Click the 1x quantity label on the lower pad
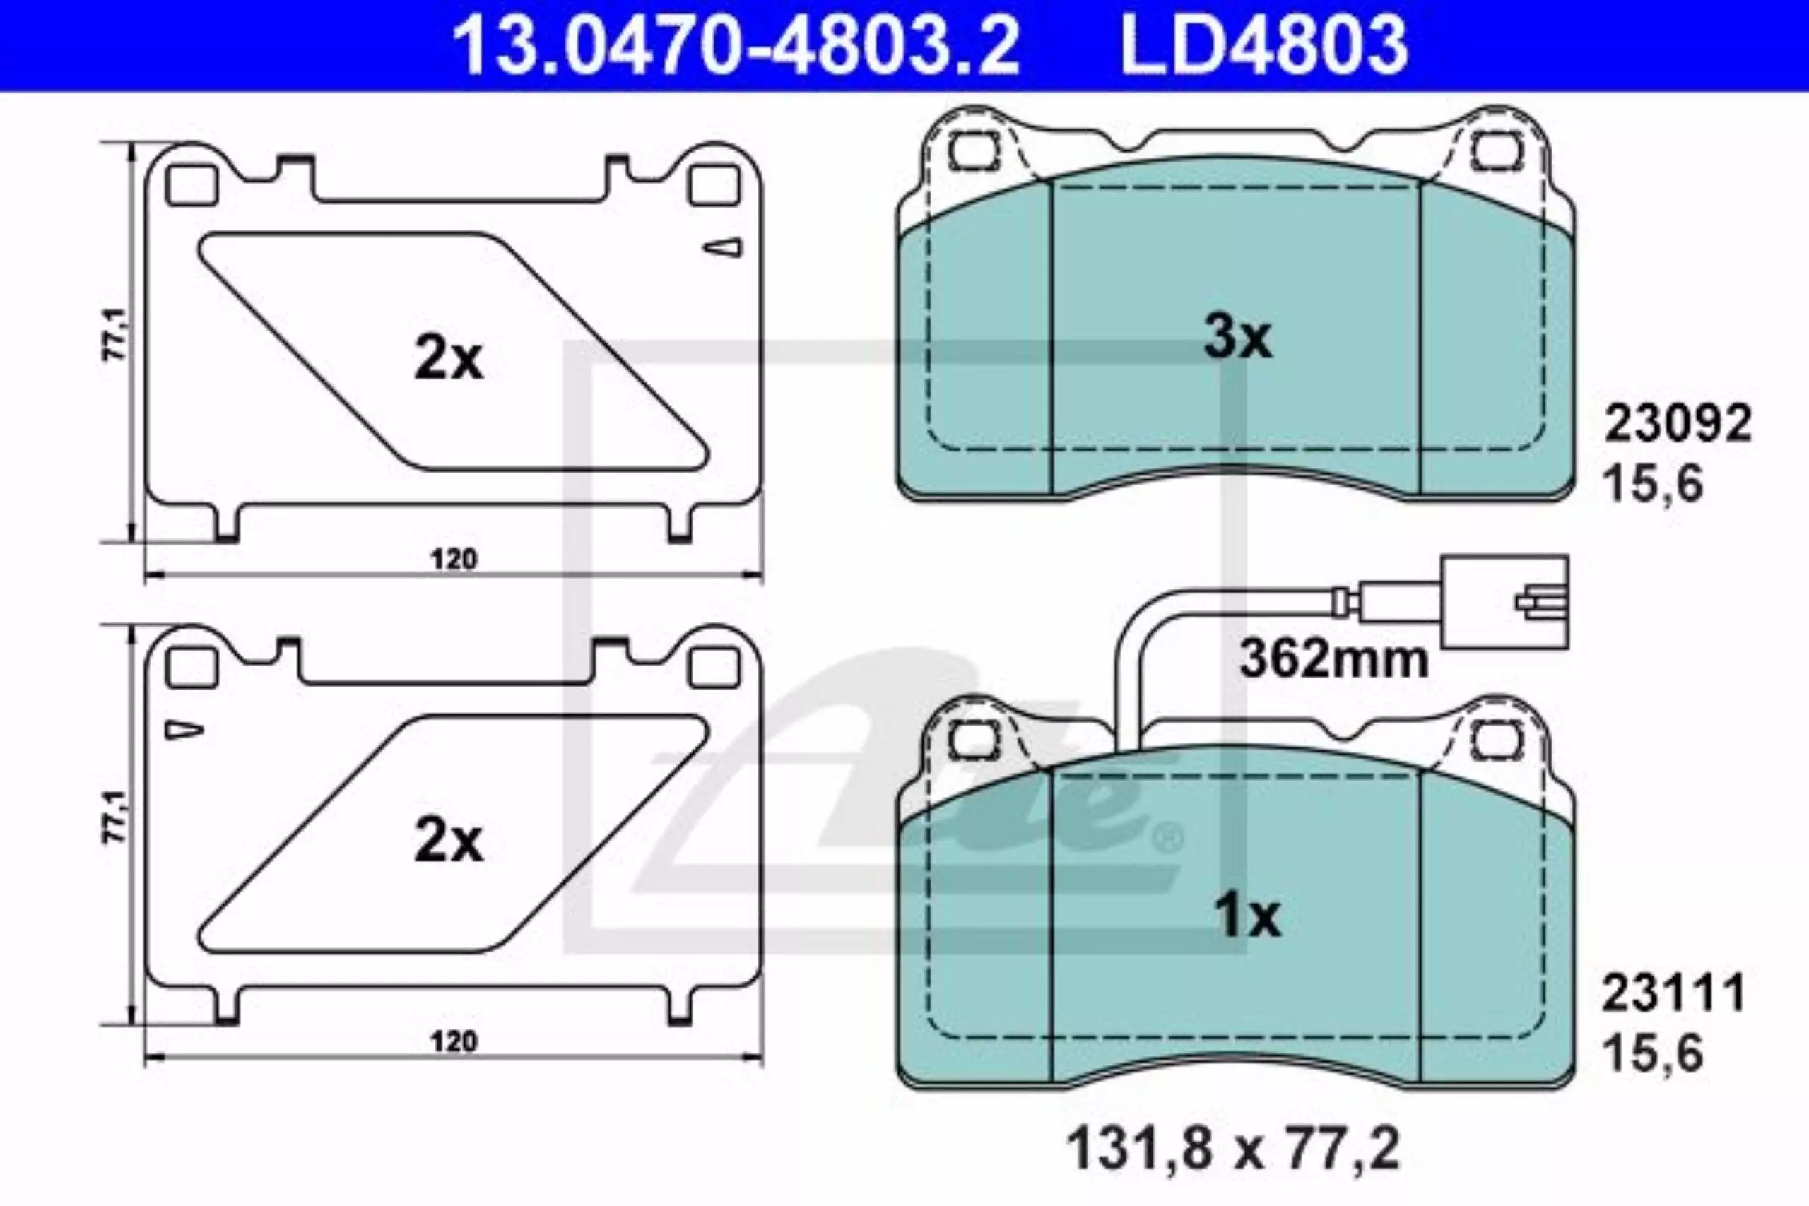pos(1247,918)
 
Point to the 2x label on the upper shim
pos(449,359)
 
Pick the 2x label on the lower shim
pos(449,841)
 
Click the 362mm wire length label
pos(1333,660)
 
